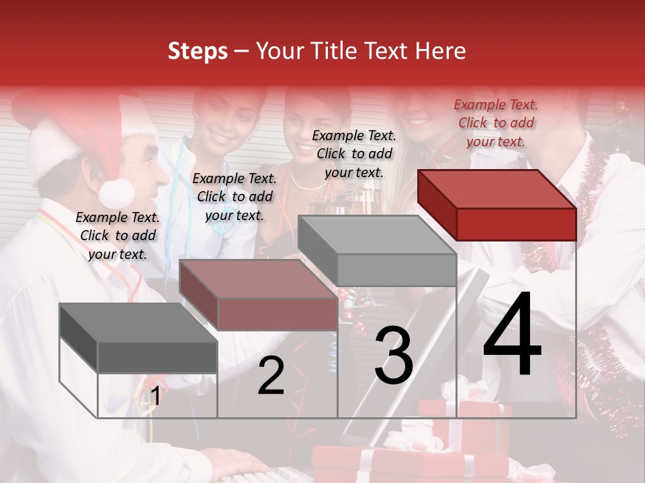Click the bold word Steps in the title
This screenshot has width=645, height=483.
[198, 51]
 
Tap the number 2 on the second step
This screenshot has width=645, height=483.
[271, 376]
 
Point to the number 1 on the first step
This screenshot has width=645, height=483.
[155, 396]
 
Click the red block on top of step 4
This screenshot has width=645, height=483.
[497, 205]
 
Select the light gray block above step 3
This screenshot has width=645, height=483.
[378, 250]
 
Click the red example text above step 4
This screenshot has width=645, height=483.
[496, 123]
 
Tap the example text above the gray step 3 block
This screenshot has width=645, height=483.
[354, 154]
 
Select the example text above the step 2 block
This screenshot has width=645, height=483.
[234, 197]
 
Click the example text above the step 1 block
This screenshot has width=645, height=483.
[118, 235]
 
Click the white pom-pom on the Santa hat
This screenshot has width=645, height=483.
[116, 193]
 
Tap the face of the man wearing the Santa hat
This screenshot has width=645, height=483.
[144, 171]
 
